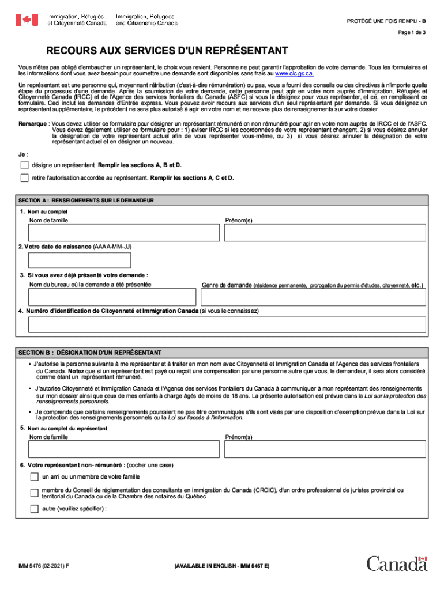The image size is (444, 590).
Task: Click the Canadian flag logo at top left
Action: [x=26, y=20]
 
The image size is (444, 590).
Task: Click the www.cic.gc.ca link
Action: [x=295, y=74]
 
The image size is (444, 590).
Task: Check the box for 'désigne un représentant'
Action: [x=24, y=165]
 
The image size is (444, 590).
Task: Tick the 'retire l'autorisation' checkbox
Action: [x=24, y=178]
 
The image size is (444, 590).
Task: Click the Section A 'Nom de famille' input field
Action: [x=123, y=233]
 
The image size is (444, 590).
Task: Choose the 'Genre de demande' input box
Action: [x=314, y=297]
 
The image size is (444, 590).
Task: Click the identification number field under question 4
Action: [x=227, y=324]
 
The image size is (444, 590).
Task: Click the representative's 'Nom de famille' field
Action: [x=123, y=450]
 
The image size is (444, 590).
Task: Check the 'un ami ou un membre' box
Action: [x=35, y=477]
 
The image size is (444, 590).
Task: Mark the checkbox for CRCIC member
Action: [x=35, y=493]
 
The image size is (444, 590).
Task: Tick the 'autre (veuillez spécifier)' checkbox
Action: [x=35, y=509]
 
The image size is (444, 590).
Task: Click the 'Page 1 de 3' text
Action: [x=412, y=33]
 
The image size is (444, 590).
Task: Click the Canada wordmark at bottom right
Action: [x=397, y=564]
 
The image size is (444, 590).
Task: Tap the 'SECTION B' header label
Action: [x=36, y=353]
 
